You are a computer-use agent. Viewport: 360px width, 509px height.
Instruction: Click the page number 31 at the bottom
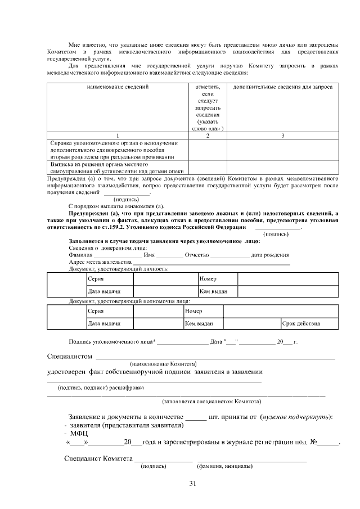[x=192, y=484]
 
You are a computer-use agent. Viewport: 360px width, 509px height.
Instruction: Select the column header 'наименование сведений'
[x=118, y=88]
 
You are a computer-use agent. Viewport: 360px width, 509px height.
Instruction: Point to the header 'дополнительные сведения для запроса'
[x=282, y=88]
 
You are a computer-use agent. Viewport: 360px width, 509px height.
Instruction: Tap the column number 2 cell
[x=207, y=136]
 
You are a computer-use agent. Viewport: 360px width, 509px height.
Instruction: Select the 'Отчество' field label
[x=193, y=255]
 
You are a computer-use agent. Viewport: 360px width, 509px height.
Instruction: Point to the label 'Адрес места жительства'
[x=100, y=262]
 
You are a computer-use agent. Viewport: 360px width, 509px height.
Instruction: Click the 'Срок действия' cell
[x=301, y=323]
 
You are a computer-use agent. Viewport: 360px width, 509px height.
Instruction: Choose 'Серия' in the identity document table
[x=96, y=279]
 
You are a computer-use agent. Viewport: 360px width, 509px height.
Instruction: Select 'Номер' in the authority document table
[x=193, y=311]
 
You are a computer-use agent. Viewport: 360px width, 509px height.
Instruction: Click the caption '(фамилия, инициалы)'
[x=224, y=466]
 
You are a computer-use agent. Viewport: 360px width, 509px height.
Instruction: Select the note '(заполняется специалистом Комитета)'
[x=211, y=402]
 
